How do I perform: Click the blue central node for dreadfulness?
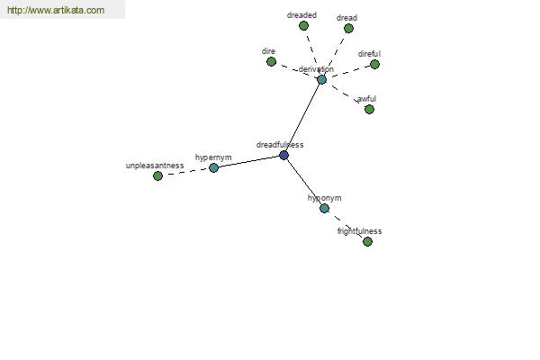pos(283,156)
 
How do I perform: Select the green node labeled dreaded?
pos(303,26)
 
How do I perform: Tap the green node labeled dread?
pos(348,29)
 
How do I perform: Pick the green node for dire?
pos(272,62)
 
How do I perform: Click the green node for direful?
pos(374,65)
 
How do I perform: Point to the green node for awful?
pos(369,110)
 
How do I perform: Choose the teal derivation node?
pos(321,80)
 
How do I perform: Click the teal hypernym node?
pos(213,168)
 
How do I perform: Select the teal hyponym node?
pos(324,209)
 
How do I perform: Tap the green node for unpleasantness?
pos(157,176)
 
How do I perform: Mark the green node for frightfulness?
pos(367,242)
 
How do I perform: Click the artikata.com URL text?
pos(56,10)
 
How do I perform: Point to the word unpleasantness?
pos(155,166)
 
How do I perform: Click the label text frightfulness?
pos(359,231)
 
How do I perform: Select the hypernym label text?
pos(213,157)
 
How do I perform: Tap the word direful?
pos(369,54)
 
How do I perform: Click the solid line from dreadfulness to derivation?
pos(302,118)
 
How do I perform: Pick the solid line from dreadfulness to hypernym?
pos(248,162)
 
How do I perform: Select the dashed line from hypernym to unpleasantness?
pos(185,172)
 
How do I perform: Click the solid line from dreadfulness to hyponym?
pos(304,182)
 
